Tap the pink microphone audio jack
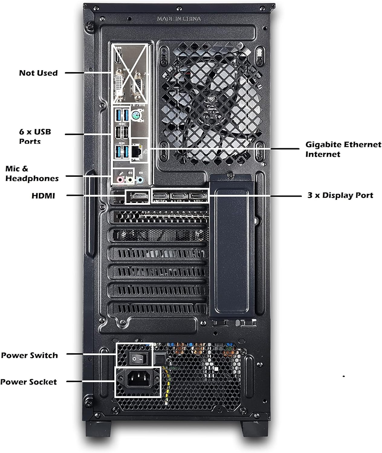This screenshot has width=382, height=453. click(120, 180)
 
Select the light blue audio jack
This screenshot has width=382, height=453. click(140, 180)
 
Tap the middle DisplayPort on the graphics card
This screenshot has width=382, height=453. click(180, 196)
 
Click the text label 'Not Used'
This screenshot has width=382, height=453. click(38, 73)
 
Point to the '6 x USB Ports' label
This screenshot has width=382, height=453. click(35, 136)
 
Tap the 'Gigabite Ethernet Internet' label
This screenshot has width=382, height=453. click(343, 149)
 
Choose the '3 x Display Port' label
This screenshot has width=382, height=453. click(340, 195)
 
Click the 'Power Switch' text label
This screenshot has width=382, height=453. click(29, 355)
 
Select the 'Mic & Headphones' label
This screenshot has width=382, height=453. click(32, 173)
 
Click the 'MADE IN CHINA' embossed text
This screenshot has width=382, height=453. click(179, 19)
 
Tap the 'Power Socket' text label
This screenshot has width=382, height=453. click(28, 382)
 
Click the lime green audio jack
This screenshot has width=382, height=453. click(130, 180)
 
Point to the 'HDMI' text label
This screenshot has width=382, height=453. click(43, 196)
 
